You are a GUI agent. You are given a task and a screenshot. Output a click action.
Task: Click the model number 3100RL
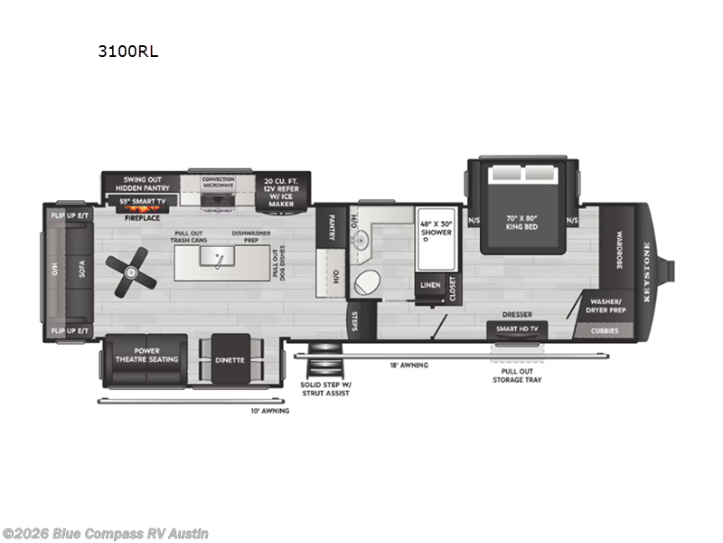[128, 52]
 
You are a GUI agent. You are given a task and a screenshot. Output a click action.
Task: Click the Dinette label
[230, 359]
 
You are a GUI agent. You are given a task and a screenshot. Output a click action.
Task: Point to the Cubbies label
[606, 330]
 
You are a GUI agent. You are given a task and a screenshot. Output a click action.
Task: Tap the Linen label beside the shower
[429, 286]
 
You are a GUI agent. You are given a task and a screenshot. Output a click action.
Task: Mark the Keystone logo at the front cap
[647, 263]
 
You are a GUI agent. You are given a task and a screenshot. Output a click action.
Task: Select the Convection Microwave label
[219, 182]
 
